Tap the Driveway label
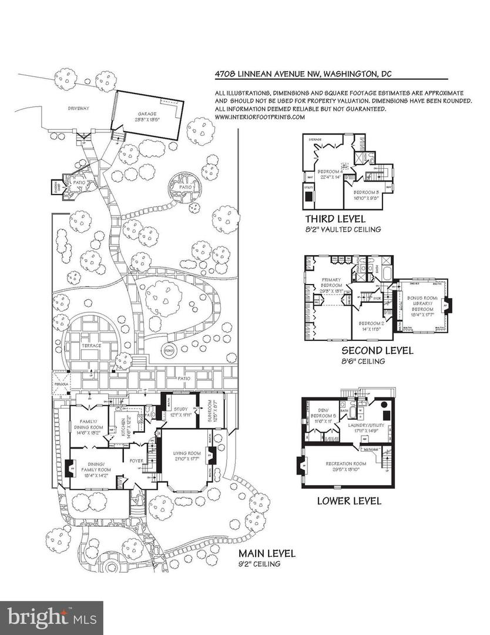[x=78, y=109]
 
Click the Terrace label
[x=91, y=346]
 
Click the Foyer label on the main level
[x=137, y=462]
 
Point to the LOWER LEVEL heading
[x=349, y=501]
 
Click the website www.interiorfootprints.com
[x=260, y=117]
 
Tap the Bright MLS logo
[x=51, y=617]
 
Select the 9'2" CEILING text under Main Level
[x=259, y=564]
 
